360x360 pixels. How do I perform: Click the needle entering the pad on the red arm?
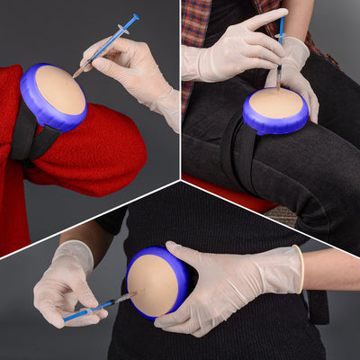[80, 70]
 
